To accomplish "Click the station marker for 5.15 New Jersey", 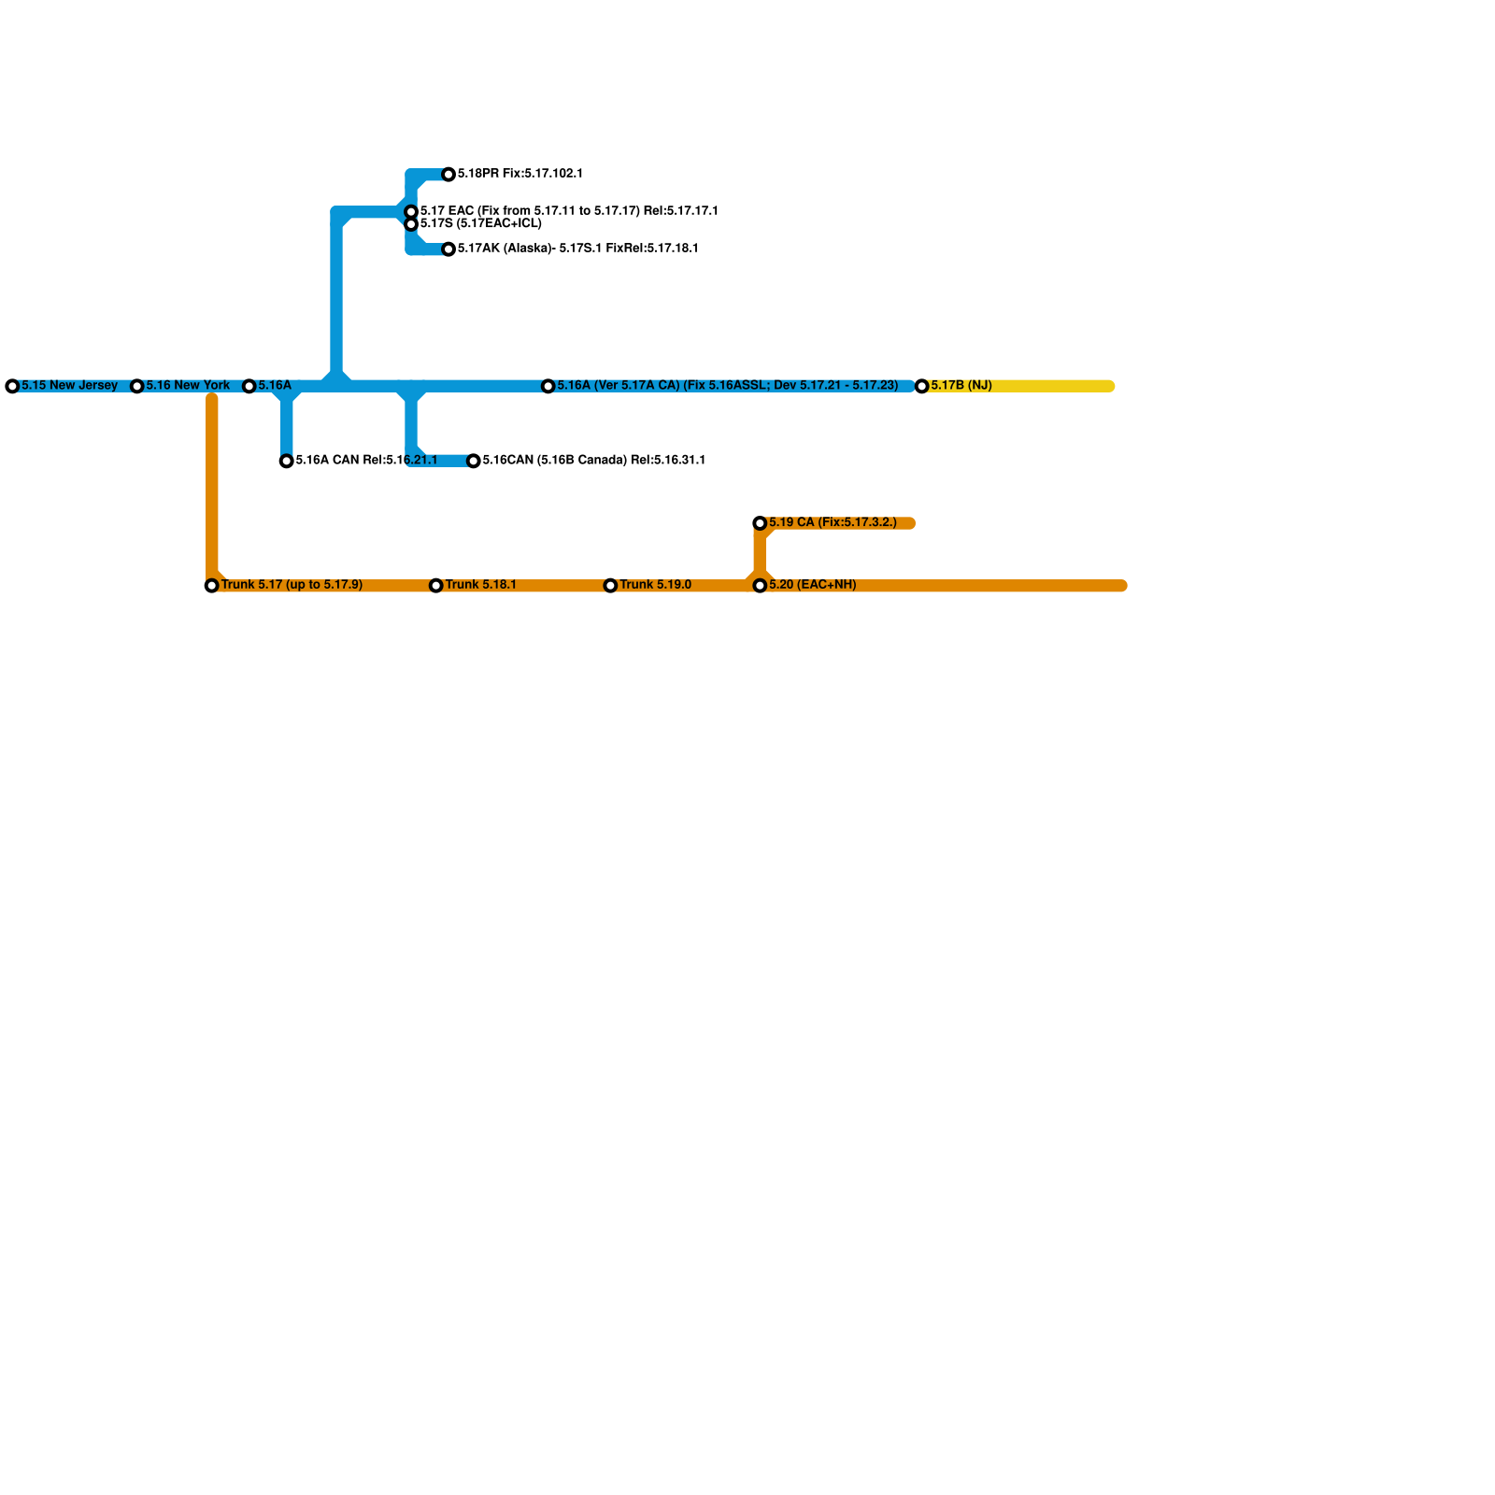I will coord(12,386).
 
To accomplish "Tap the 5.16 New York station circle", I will coord(137,386).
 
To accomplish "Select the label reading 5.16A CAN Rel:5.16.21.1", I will coord(366,460).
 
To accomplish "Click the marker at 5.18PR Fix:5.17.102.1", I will coord(448,175).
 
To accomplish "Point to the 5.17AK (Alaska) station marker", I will coord(448,249).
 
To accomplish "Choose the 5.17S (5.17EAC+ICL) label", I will coord(480,224).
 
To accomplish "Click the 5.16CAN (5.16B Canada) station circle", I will coord(474,461).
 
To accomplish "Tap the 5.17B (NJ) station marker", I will coord(922,386).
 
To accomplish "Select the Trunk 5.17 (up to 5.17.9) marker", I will coord(212,586).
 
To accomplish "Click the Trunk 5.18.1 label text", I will coord(480,585).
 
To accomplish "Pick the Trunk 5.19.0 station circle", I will coord(611,586).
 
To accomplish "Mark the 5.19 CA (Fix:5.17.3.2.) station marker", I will coord(761,523).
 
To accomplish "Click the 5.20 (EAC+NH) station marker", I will coord(761,586).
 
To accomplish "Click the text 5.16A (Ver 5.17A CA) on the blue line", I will coord(618,385).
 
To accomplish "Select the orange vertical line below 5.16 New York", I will coord(212,486).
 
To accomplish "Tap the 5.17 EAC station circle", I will coord(411,212).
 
